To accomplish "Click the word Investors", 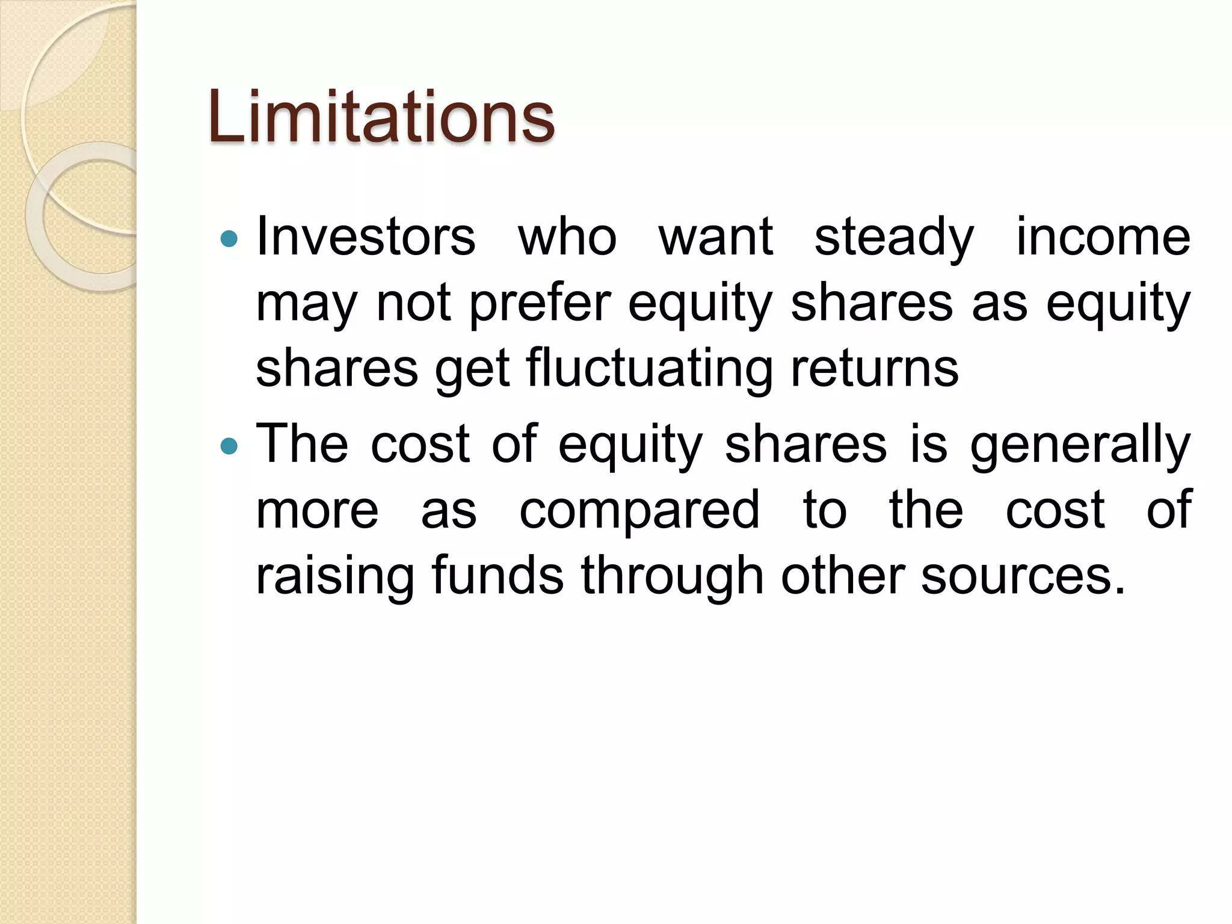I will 366,236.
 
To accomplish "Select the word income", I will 1103,236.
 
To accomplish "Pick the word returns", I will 875,369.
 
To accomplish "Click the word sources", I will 1022,576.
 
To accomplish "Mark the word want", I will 715,236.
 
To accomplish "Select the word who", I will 567,236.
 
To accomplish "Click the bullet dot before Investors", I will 229,239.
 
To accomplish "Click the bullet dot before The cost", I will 229,446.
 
